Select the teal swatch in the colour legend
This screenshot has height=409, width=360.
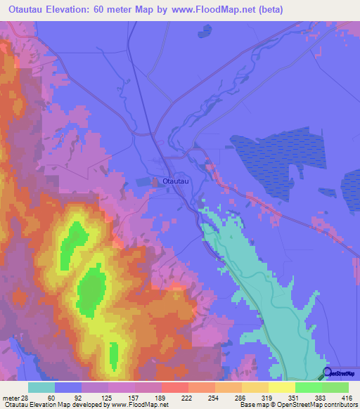(41, 388)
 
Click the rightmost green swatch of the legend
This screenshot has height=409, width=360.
(335, 388)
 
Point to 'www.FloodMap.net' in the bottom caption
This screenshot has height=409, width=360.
(139, 405)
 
